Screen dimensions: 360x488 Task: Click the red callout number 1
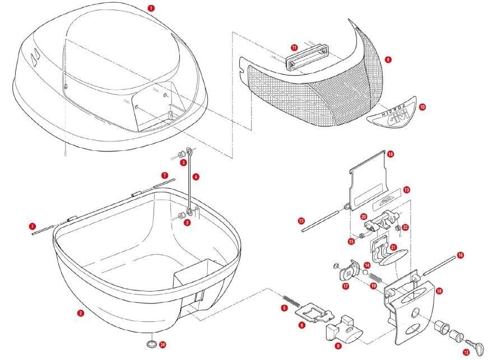click(150, 8)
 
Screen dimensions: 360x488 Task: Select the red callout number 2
click(81, 313)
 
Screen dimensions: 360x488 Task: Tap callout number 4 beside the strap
click(196, 177)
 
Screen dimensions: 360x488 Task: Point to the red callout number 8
click(388, 59)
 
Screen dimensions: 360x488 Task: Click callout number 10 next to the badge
click(422, 105)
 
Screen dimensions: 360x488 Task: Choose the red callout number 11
click(294, 48)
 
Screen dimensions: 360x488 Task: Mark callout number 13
click(406, 191)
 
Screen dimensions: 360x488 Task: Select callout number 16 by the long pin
click(460, 255)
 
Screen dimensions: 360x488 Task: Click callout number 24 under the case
click(162, 344)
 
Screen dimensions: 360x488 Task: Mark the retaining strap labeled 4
click(190, 182)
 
